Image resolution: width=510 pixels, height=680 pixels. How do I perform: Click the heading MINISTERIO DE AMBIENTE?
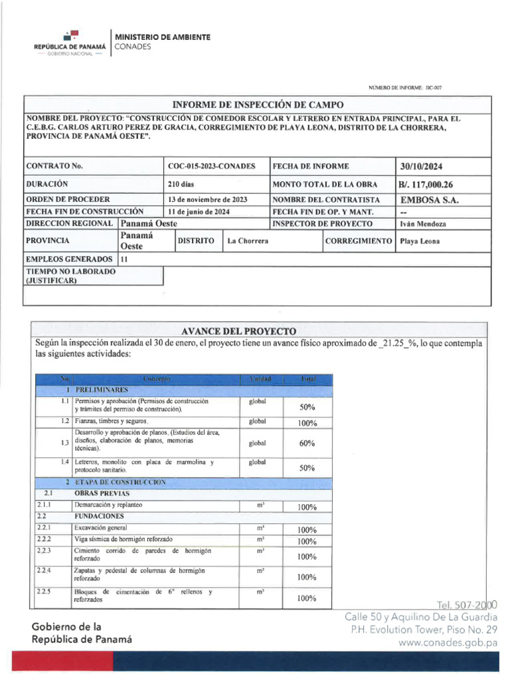[x=163, y=37]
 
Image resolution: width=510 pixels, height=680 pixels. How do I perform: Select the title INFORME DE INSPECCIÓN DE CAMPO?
[x=258, y=105]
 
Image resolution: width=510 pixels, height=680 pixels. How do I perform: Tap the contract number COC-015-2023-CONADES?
[x=212, y=166]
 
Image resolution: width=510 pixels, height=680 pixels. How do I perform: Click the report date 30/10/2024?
[x=422, y=166]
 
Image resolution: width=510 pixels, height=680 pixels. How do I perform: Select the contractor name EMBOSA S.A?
[x=430, y=199]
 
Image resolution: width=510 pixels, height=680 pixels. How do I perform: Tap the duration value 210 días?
[x=181, y=184]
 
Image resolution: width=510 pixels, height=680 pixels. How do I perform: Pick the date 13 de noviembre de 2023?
[x=208, y=199]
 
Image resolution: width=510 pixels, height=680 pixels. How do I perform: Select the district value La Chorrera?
[x=248, y=240]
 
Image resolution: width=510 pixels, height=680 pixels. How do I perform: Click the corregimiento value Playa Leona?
[x=420, y=240]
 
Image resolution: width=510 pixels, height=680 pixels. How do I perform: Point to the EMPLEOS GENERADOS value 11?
[x=124, y=259]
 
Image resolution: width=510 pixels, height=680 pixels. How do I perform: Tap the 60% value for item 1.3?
[x=307, y=443]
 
